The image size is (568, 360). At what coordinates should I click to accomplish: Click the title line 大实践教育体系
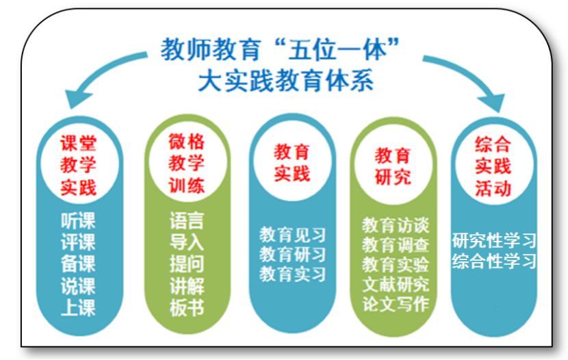tap(286, 80)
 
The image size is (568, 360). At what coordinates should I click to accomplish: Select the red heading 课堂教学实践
tap(79, 166)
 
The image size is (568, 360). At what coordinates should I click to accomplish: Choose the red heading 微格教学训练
tap(187, 164)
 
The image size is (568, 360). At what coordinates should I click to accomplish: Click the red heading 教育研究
tap(393, 166)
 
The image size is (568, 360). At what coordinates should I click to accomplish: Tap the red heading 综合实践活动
tap(493, 166)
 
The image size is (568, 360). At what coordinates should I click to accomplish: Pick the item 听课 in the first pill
tap(78, 220)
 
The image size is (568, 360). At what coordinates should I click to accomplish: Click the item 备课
tap(78, 263)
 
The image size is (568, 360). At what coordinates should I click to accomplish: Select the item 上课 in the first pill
tap(78, 308)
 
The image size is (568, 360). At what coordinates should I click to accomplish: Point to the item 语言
tap(187, 220)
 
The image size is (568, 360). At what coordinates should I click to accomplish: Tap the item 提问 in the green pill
tap(187, 264)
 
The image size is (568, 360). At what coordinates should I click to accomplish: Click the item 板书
tap(187, 308)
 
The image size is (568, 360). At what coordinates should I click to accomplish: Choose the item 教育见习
tap(292, 235)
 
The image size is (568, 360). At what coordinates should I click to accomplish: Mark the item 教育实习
tap(292, 274)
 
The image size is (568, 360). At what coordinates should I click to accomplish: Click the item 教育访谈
tap(396, 225)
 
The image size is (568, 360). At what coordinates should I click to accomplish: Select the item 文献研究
tap(396, 284)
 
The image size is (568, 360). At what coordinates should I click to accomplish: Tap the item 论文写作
tap(396, 304)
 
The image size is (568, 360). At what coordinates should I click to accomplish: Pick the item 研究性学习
tap(494, 240)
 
